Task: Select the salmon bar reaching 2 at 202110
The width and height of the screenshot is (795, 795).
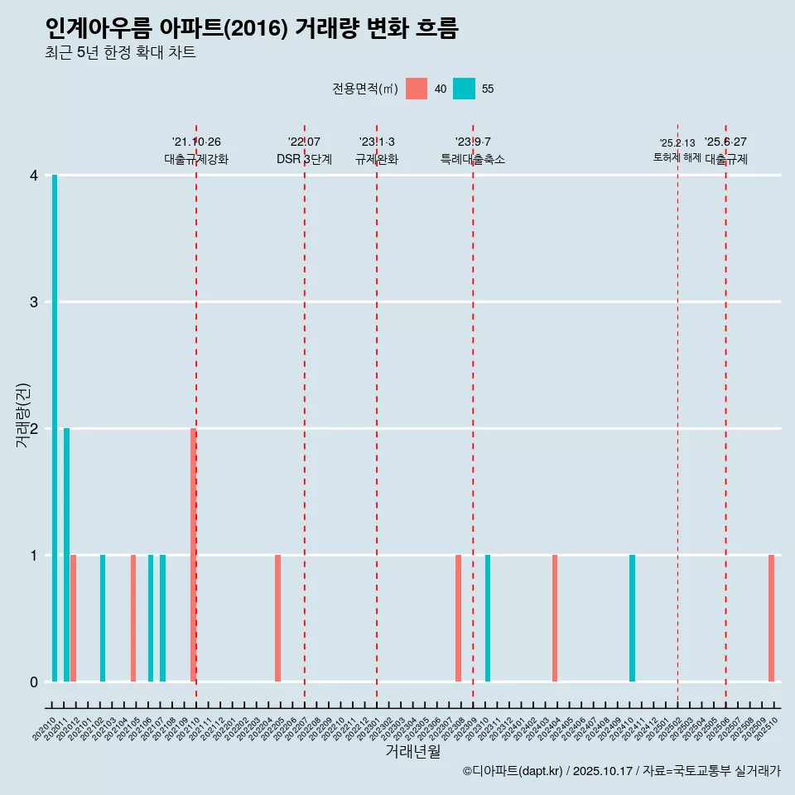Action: tap(193, 555)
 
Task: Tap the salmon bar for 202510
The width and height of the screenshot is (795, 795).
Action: tap(771, 618)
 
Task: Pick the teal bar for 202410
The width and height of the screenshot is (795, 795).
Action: tap(632, 618)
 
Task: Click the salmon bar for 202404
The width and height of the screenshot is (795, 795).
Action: tap(555, 618)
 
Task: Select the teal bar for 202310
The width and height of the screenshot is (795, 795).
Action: tap(488, 618)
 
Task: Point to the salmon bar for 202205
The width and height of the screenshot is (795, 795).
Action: tap(278, 618)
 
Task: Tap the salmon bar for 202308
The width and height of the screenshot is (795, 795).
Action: tap(458, 618)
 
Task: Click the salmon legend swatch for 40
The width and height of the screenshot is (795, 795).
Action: tap(417, 89)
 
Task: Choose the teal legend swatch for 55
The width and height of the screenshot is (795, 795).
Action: tap(464, 89)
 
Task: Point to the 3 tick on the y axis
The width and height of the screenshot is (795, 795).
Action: tap(34, 302)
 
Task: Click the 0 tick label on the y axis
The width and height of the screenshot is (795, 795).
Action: tap(34, 682)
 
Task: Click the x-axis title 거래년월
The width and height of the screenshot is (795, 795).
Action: tap(412, 751)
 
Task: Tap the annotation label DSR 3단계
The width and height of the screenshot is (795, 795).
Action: tap(304, 159)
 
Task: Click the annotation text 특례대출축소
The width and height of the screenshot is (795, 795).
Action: tap(472, 159)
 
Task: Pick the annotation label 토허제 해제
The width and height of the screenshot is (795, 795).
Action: tap(677, 157)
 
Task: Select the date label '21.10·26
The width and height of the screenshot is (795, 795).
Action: tap(196, 142)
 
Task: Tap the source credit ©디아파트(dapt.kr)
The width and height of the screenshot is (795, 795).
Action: tap(513, 771)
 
